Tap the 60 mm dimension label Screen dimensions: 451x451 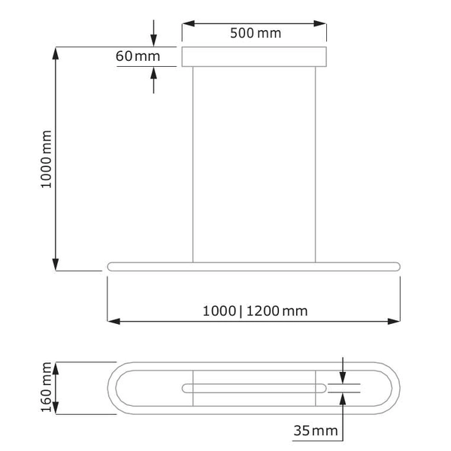[x=138, y=56]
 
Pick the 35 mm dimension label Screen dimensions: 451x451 [x=314, y=431]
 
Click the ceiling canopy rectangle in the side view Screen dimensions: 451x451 [x=254, y=57]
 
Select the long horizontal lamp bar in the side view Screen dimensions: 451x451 [x=254, y=266]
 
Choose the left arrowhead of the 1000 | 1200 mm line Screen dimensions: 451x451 [x=114, y=322]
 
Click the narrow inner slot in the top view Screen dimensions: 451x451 [x=254, y=388]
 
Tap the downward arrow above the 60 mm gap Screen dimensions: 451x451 [x=154, y=41]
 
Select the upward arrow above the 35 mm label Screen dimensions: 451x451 [x=343, y=398]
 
